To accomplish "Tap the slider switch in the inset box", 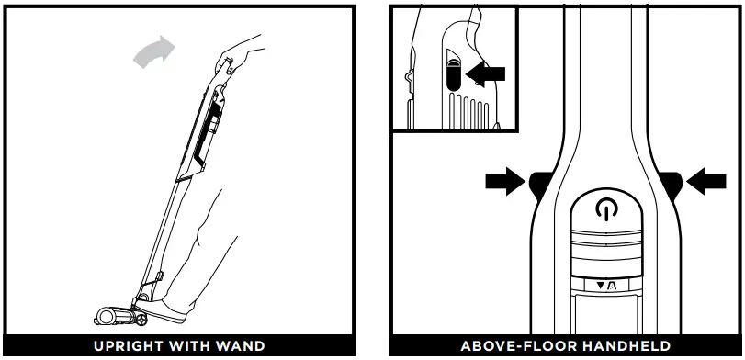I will [x=453, y=73].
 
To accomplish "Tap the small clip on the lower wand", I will [x=158, y=275].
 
